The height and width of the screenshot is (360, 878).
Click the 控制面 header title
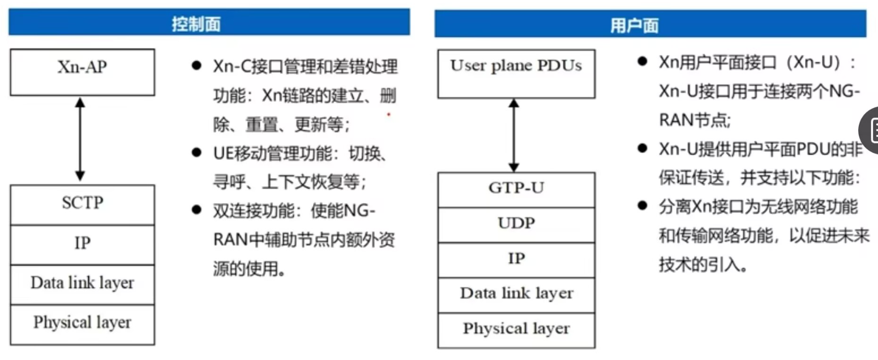(196, 24)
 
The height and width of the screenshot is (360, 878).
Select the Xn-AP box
(82, 68)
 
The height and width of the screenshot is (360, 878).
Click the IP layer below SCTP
(82, 244)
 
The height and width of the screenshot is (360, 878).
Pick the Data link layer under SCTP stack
(82, 283)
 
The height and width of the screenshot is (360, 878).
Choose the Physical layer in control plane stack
(82, 323)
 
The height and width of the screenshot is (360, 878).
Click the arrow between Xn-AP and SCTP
(80, 138)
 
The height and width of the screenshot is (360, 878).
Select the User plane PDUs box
(516, 66)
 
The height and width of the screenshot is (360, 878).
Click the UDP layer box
(516, 224)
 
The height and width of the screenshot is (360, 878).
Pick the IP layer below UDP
(516, 259)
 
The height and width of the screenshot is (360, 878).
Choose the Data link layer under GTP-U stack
(516, 294)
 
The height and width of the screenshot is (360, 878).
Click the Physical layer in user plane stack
(516, 329)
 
